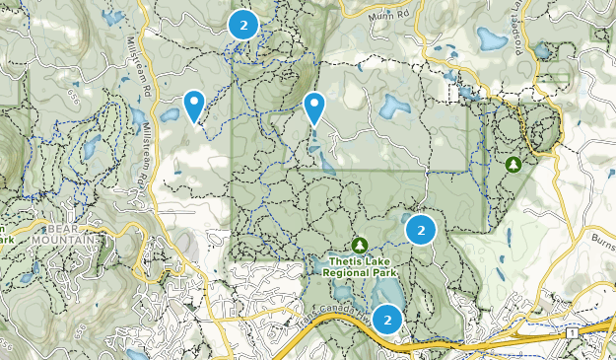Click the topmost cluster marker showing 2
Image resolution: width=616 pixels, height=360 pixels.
click(242, 25)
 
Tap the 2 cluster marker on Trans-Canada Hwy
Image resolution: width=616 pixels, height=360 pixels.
click(388, 320)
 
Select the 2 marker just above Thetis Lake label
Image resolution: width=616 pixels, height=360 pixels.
click(421, 229)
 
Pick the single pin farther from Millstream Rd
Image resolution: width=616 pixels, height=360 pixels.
click(314, 107)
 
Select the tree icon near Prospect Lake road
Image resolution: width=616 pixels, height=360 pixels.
click(513, 164)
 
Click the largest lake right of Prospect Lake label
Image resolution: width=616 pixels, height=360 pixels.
click(489, 38)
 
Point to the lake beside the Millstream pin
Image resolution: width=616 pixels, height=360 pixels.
click(170, 115)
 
